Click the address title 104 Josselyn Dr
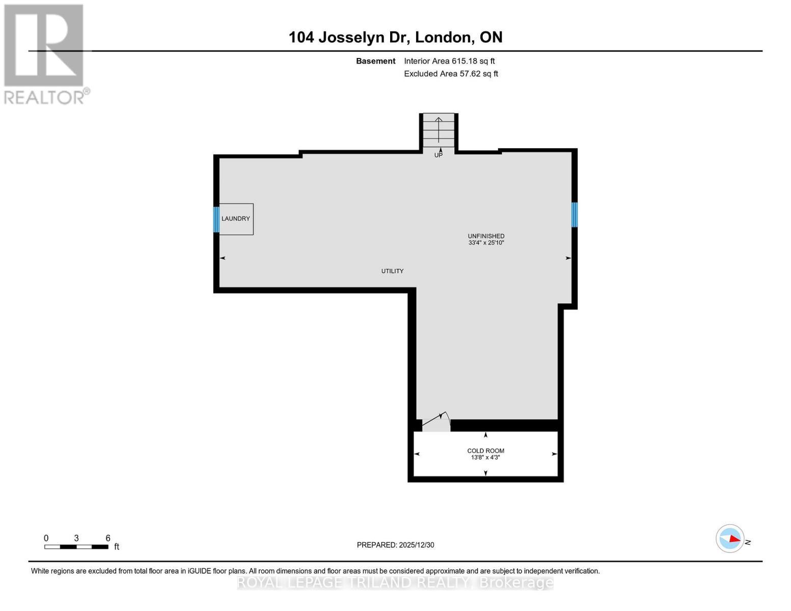click(x=395, y=37)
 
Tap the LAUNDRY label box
click(x=236, y=219)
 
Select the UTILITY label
click(x=392, y=271)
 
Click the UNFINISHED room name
click(x=486, y=236)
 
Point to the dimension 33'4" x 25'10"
click(x=486, y=243)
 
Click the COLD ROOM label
click(x=485, y=451)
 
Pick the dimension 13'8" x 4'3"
click(x=485, y=458)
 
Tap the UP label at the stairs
click(x=438, y=155)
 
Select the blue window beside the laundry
click(x=216, y=219)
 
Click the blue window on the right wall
click(x=574, y=214)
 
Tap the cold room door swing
click(x=437, y=422)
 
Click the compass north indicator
click(x=730, y=539)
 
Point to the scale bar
click(x=76, y=547)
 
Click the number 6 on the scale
click(x=108, y=538)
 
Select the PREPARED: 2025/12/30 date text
click(x=395, y=545)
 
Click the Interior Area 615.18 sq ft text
click(x=449, y=61)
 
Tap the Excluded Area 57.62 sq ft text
click(x=451, y=74)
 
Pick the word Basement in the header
click(x=375, y=61)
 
